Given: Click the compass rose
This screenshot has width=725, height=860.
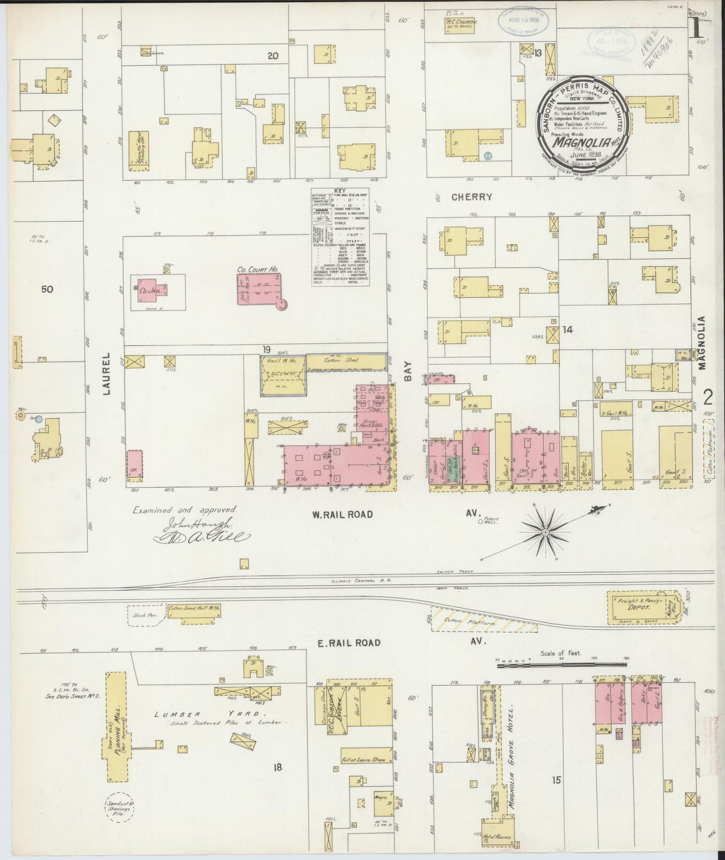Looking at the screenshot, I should (546, 531).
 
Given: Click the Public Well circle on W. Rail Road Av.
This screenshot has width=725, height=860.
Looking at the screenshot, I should (480, 522).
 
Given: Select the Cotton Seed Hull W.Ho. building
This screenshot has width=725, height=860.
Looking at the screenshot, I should (194, 609).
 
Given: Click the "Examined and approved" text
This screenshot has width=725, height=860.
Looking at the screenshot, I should (184, 509).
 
